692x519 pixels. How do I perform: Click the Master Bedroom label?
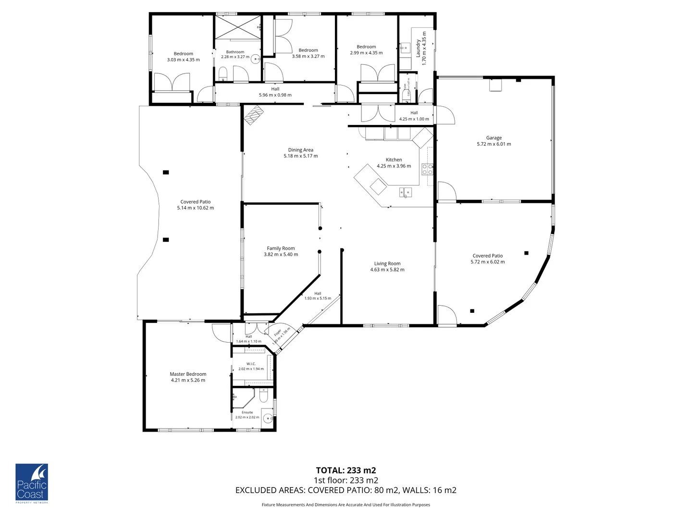pyautogui.click(x=188, y=374)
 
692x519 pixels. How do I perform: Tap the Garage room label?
pyautogui.click(x=494, y=138)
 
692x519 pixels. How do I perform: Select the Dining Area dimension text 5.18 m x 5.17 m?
pyautogui.click(x=300, y=156)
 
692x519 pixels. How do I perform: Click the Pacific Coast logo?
pyautogui.click(x=32, y=483)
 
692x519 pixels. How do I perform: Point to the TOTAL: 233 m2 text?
pyautogui.click(x=346, y=470)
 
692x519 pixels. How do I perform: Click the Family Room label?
pyautogui.click(x=281, y=248)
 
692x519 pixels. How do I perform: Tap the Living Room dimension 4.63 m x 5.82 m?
pyautogui.click(x=387, y=270)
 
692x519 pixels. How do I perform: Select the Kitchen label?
pyautogui.click(x=394, y=160)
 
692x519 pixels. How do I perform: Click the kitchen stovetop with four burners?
pyautogui.click(x=427, y=169)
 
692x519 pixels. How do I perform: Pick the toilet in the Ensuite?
pyautogui.click(x=263, y=396)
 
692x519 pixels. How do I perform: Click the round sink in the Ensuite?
pyautogui.click(x=267, y=417)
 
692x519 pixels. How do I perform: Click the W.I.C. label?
pyautogui.click(x=251, y=364)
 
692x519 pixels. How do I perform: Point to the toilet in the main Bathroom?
pyautogui.click(x=222, y=74)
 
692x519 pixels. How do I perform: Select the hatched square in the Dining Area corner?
pyautogui.click(x=254, y=115)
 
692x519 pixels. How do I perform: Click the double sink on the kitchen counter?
pyautogui.click(x=405, y=193)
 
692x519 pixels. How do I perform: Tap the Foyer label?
pyautogui.click(x=277, y=333)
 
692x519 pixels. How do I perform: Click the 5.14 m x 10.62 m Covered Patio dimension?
pyautogui.click(x=195, y=208)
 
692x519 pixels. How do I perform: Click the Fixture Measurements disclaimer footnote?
pyautogui.click(x=346, y=505)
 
